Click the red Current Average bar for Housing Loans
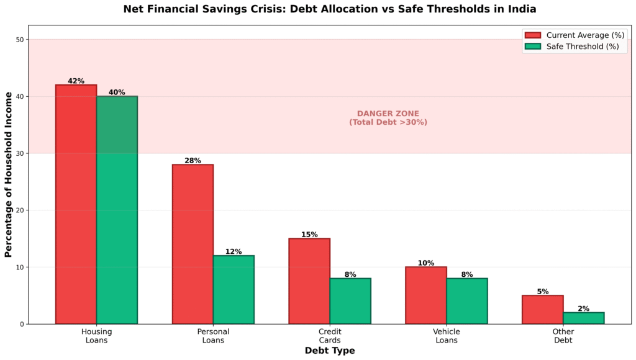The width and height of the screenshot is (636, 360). (76, 204)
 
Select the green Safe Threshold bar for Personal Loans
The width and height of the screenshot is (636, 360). (234, 290)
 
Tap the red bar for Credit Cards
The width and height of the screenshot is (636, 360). (309, 281)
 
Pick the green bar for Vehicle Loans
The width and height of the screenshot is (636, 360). (467, 301)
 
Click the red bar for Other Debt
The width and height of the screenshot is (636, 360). (542, 310)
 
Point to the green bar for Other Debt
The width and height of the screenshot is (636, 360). (583, 318)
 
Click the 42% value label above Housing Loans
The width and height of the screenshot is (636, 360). (76, 81)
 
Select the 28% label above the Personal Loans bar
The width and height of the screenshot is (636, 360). (193, 161)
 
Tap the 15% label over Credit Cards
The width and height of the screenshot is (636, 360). (309, 235)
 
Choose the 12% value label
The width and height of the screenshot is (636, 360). (234, 251)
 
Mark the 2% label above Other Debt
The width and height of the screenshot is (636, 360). (583, 308)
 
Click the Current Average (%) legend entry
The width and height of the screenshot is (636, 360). (575, 35)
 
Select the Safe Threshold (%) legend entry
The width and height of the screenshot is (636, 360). (575, 47)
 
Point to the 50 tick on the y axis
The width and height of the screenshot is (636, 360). (19, 40)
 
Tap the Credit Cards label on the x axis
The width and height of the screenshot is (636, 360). (330, 336)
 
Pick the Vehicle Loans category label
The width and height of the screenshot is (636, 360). (447, 336)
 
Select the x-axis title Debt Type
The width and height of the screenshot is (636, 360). (330, 351)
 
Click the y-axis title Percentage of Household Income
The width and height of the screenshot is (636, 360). (9, 174)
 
